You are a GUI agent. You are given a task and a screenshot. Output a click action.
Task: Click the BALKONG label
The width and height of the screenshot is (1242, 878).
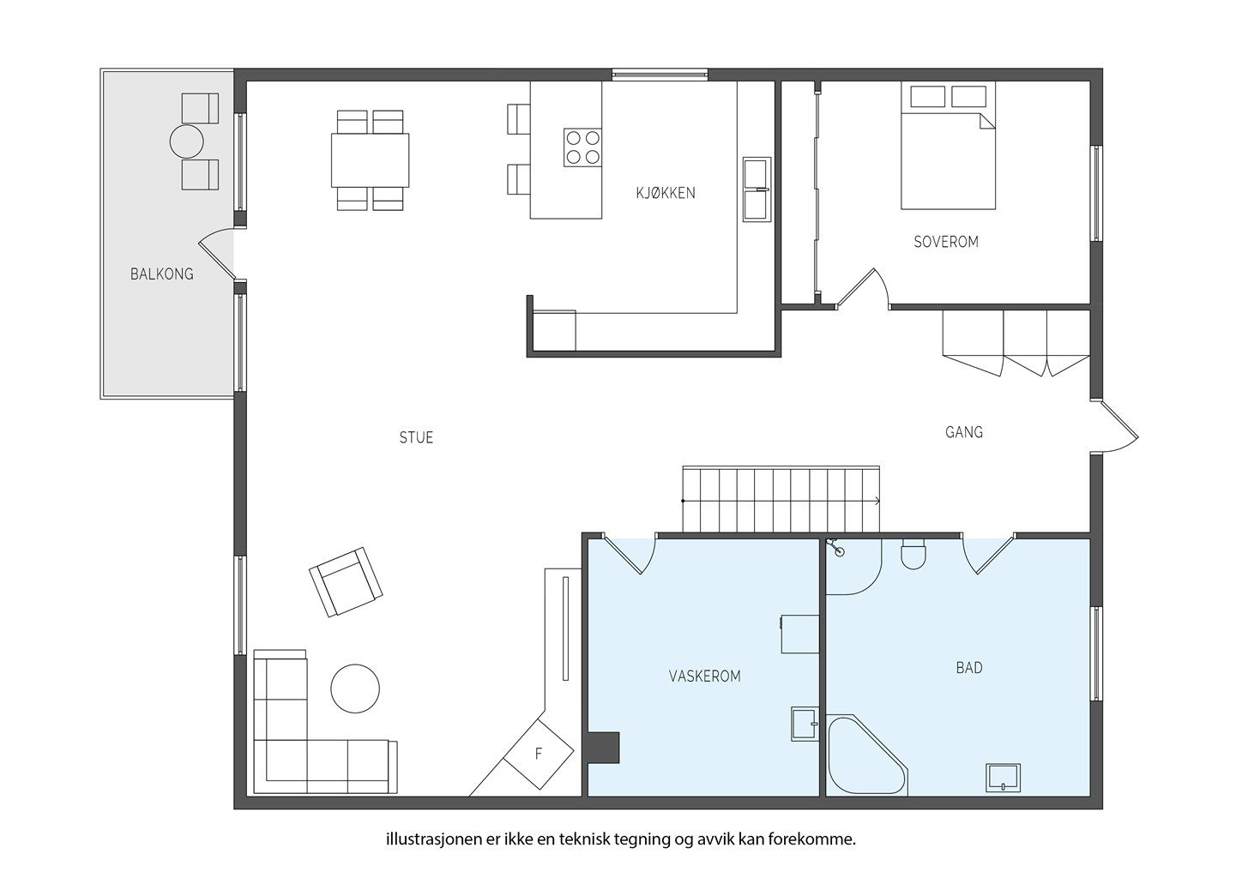coord(162,274)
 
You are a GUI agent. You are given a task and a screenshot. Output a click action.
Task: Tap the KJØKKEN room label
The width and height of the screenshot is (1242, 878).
coord(666,193)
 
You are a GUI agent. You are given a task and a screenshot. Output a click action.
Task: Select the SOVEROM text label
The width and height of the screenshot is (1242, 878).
coord(946,242)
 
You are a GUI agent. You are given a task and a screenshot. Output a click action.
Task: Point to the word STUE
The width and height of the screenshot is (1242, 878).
coord(416,438)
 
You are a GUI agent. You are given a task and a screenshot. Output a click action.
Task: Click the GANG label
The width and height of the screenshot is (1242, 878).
coord(963,432)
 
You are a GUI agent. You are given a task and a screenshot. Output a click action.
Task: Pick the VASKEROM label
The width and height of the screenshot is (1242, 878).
coord(705,677)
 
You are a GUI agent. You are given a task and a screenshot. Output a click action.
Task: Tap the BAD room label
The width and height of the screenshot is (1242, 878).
coord(969,668)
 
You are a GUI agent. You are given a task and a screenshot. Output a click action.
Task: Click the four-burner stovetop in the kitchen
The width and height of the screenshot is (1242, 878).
coord(582,147)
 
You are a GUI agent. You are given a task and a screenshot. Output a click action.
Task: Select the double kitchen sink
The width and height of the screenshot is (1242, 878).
coord(757,189)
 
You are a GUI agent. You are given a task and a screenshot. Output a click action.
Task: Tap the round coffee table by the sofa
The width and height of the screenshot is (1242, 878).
coord(355,689)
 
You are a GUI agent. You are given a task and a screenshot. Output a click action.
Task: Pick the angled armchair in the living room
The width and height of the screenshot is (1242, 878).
coord(346,582)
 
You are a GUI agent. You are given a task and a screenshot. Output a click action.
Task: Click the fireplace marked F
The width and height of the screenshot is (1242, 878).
coord(539,754)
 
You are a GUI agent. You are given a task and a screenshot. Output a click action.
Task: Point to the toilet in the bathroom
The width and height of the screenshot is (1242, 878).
coord(913,554)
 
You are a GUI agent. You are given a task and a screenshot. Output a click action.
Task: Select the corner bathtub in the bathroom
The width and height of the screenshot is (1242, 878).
coord(866,756)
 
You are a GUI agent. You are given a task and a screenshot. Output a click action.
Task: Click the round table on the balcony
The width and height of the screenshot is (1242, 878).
coord(186,141)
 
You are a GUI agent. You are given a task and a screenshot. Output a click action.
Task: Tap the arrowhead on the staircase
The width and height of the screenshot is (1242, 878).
coord(877,502)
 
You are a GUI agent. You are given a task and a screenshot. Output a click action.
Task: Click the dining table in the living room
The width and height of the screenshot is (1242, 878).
coord(370,160)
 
